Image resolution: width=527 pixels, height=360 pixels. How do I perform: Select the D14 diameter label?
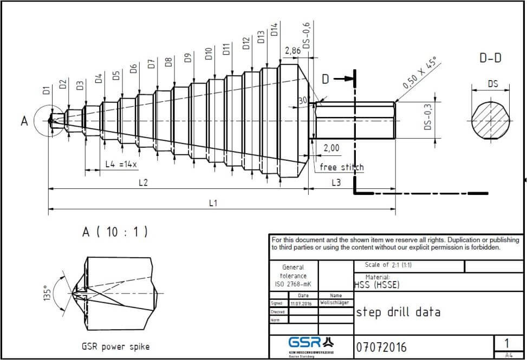pyautogui.click(x=274, y=29)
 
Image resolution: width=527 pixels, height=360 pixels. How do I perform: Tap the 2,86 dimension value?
pyautogui.click(x=292, y=51)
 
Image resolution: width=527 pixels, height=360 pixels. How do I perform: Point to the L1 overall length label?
pyautogui.click(x=213, y=202)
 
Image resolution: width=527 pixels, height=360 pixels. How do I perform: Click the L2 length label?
pyautogui.click(x=143, y=183)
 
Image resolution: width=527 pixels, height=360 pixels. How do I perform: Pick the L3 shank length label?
pyautogui.click(x=336, y=183)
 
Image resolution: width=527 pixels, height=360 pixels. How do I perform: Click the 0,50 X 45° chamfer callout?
pyautogui.click(x=420, y=74)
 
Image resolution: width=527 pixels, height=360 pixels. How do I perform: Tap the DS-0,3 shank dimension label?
pyautogui.click(x=428, y=117)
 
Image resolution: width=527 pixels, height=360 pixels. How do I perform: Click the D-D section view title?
pyautogui.click(x=491, y=57)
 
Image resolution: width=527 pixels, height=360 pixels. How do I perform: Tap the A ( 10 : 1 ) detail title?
pyautogui.click(x=115, y=232)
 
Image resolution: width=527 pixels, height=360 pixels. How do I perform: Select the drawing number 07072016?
pyautogui.click(x=381, y=346)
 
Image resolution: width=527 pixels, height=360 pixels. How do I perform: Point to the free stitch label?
pyautogui.click(x=341, y=167)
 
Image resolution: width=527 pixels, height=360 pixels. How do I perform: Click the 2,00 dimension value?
pyautogui.click(x=331, y=148)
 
